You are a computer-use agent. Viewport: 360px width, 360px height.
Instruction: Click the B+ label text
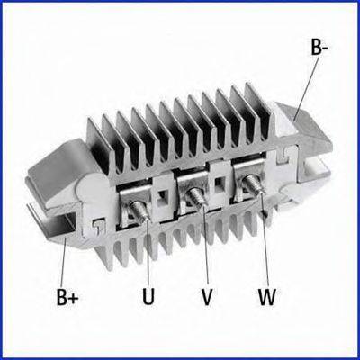(67, 296)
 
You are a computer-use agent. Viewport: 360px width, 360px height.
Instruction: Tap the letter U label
(148, 296)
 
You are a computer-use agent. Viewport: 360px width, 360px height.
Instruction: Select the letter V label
(207, 296)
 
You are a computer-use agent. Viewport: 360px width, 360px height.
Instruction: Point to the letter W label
(267, 296)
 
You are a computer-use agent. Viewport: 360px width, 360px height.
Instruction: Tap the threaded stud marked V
(196, 196)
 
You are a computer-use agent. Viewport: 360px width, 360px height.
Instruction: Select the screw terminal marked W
(254, 184)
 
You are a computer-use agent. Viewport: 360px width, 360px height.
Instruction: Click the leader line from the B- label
(305, 89)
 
